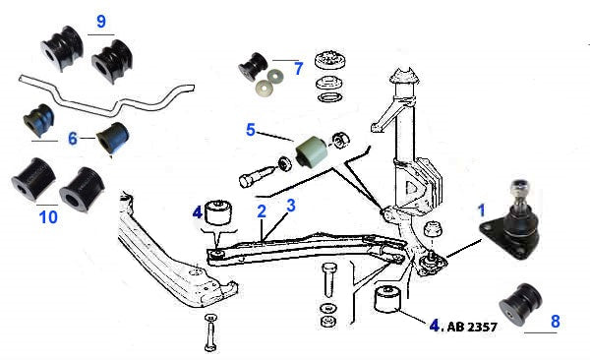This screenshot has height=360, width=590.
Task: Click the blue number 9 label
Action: coord(101,21)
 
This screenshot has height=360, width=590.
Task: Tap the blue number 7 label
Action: coord(298,69)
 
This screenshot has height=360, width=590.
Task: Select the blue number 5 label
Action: coord(251,130)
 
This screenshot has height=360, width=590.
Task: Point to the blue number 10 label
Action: coord(48,217)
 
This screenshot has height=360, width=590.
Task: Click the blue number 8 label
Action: coord(556,322)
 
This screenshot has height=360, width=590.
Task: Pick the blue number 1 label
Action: coord(482,210)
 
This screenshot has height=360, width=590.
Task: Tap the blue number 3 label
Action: coord(291,206)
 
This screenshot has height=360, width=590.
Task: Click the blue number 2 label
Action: coord(262,211)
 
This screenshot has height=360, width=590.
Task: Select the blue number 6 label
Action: coord(73,139)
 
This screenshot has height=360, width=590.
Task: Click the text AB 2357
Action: coord(472,327)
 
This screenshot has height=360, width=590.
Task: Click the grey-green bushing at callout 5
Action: coord(312,151)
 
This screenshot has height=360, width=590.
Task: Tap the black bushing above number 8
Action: coord(521,303)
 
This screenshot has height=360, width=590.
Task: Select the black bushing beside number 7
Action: coord(252,66)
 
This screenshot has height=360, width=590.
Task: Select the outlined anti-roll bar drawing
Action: coord(106,94)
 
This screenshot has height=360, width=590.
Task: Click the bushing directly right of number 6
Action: coord(112,138)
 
